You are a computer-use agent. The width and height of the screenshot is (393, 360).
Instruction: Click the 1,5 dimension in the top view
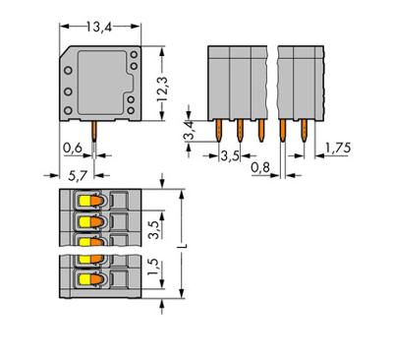148,270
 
